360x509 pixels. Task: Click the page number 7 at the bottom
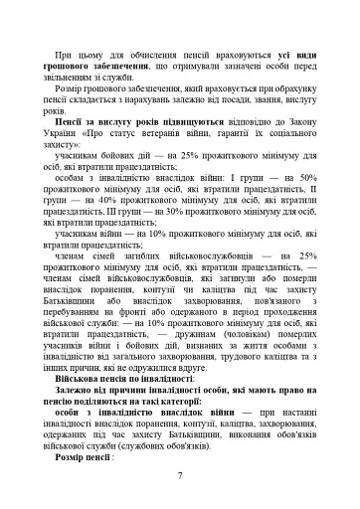pos(179,475)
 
